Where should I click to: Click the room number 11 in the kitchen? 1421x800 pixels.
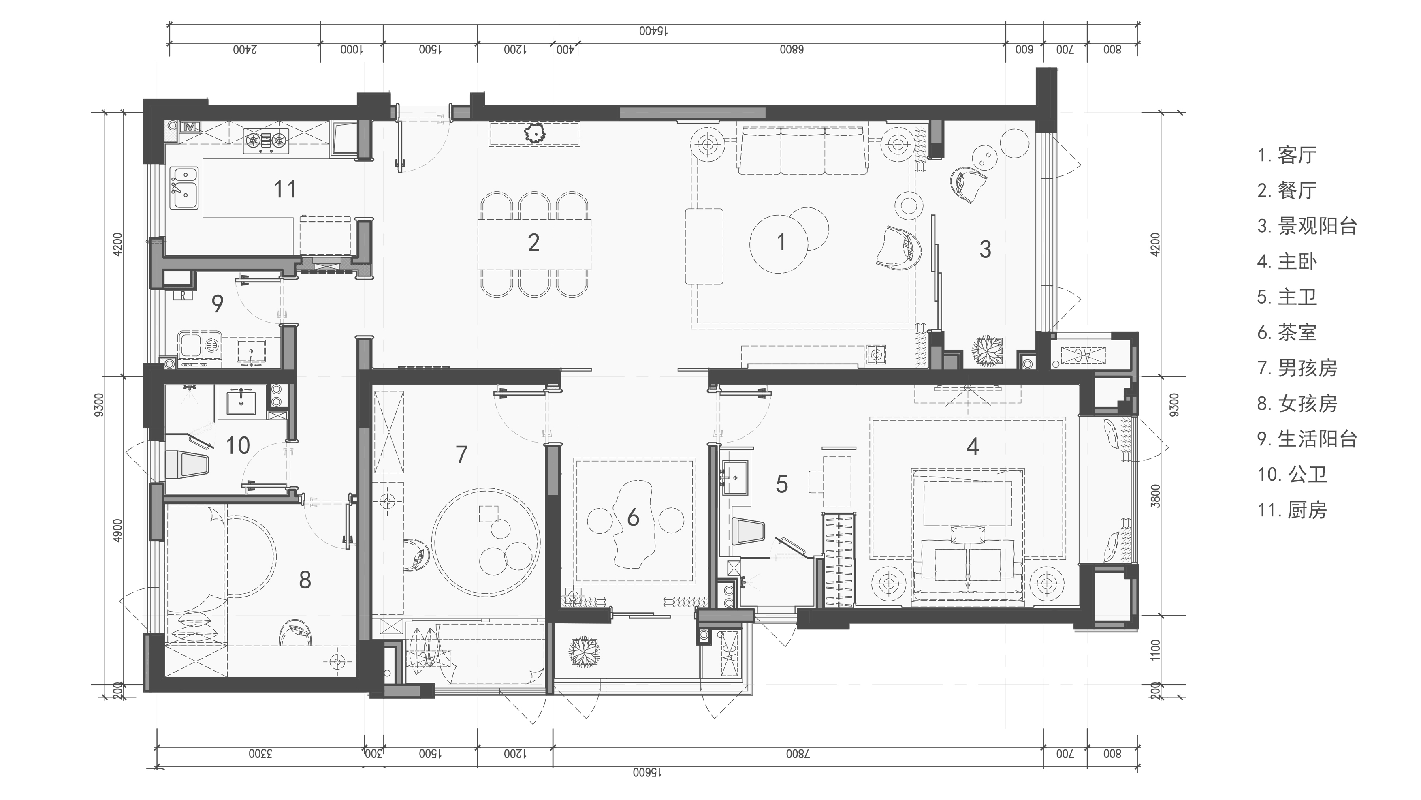[x=285, y=189]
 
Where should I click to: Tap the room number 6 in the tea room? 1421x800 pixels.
[x=633, y=518]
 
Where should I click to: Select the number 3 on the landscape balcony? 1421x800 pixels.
[x=985, y=249]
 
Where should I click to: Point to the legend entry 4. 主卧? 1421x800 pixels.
[x=1287, y=261]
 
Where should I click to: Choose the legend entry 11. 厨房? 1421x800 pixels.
[x=1292, y=510]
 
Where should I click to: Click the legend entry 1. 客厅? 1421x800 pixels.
[x=1287, y=155]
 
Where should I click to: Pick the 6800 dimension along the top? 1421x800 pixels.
[x=792, y=50]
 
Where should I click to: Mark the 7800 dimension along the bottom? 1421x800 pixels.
[x=798, y=754]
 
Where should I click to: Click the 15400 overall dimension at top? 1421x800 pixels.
[x=654, y=31]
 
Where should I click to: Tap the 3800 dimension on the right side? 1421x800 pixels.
[x=1156, y=496]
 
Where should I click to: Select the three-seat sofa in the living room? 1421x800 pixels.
[x=802, y=150]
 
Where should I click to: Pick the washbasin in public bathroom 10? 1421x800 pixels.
[x=241, y=400]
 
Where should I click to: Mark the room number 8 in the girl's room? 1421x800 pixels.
[x=305, y=580]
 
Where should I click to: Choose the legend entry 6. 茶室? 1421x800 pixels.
[x=1287, y=332]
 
